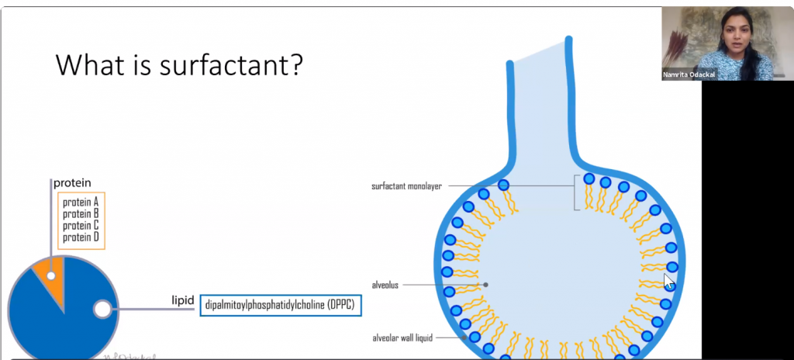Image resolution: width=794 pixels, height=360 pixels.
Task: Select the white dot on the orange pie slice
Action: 50,276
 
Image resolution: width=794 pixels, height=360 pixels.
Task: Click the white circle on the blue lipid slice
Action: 102,309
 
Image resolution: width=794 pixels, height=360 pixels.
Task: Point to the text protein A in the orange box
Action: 81,202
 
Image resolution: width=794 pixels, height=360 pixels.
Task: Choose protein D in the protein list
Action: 81,237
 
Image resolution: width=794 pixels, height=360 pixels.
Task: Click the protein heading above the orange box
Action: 72,183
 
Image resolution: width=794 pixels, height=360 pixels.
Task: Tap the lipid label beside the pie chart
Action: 183,301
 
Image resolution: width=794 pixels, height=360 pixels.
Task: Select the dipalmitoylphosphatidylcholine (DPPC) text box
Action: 281,305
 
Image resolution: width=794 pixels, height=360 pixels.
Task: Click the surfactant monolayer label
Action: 406,186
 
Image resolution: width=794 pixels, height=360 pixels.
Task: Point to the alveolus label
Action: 385,285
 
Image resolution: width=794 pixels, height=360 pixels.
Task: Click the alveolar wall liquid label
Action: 402,337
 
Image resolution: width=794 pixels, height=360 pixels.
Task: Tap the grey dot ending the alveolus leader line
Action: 485,285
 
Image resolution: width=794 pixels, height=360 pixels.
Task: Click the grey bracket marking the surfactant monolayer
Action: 575,192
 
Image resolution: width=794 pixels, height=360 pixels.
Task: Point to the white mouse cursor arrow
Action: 669,281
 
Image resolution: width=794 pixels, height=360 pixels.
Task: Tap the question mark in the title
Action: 297,65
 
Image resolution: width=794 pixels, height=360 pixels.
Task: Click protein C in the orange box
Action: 81,225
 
